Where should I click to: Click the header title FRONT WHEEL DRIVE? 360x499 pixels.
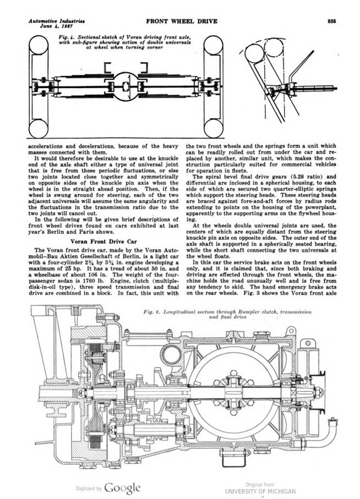[x=181, y=21]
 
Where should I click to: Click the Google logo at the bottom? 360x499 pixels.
[x=122, y=487]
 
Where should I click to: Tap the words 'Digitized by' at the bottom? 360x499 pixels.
[x=88, y=488]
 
